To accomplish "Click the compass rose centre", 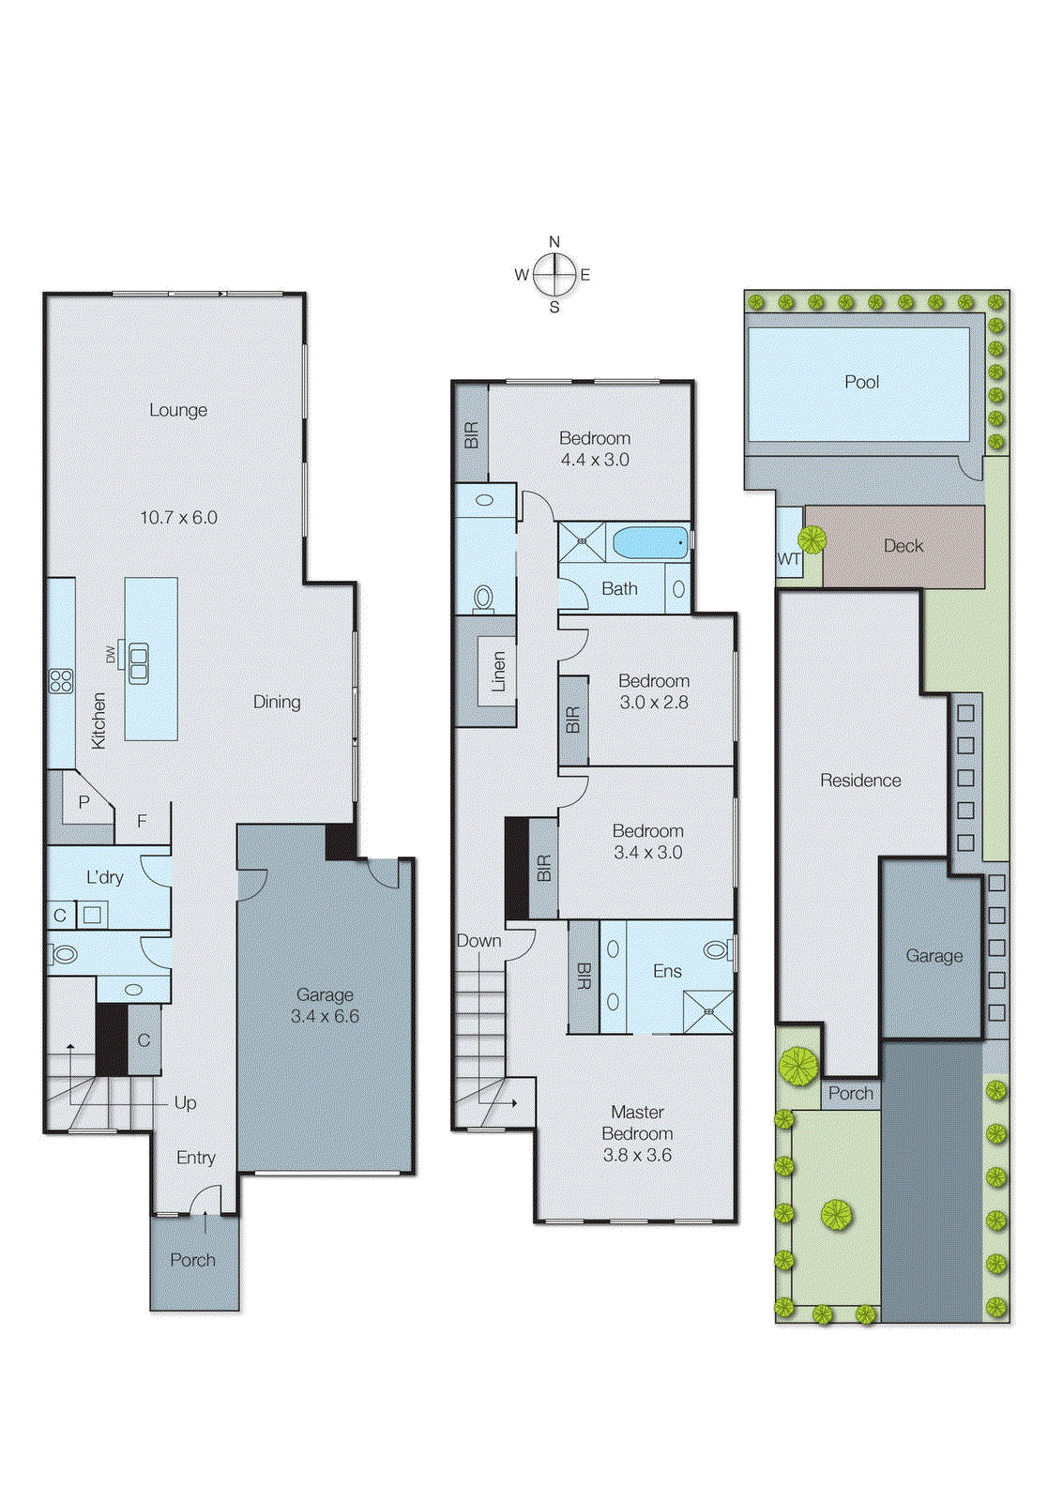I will click(554, 275).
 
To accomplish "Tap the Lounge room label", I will click(178, 410).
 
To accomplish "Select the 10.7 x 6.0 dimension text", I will click(178, 517).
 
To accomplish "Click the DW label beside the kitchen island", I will click(111, 654).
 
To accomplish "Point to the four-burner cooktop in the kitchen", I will click(61, 680).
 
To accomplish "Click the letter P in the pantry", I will click(84, 802).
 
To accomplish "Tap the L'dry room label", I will click(104, 877).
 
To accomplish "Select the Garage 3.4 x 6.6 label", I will click(325, 1005).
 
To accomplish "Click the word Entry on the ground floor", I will click(195, 1158).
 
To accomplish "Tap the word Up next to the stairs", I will click(185, 1102).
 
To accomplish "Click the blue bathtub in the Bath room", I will click(650, 542).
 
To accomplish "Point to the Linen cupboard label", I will click(498, 672).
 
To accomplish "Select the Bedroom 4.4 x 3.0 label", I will click(595, 448).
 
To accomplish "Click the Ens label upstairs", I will click(667, 971).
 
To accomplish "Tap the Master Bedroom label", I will click(637, 1123).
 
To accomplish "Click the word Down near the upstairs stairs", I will click(478, 941).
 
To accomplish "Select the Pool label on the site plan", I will click(861, 382).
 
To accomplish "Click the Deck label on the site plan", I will click(903, 546).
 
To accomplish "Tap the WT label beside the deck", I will click(789, 559).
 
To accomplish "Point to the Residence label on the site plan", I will click(859, 781).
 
